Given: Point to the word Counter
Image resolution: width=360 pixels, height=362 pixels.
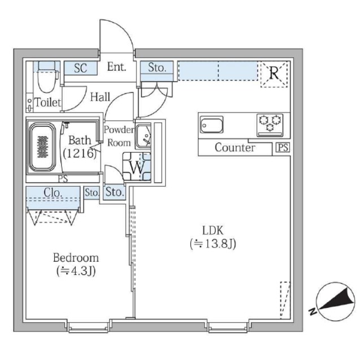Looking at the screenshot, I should tap(235, 148).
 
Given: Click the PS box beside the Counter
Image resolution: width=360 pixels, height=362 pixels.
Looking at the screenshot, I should tap(281, 148).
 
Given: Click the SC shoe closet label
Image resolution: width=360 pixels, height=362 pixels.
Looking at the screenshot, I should tap(80, 68).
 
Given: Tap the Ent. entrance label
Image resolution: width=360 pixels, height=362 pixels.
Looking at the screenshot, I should tap(116, 68).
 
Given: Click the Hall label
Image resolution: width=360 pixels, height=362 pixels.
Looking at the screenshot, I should tap(99, 97).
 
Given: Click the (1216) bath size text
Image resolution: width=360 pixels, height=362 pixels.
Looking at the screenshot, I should tap(79, 153).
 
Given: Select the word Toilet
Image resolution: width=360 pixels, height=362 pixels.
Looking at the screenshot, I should tap(47, 103).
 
